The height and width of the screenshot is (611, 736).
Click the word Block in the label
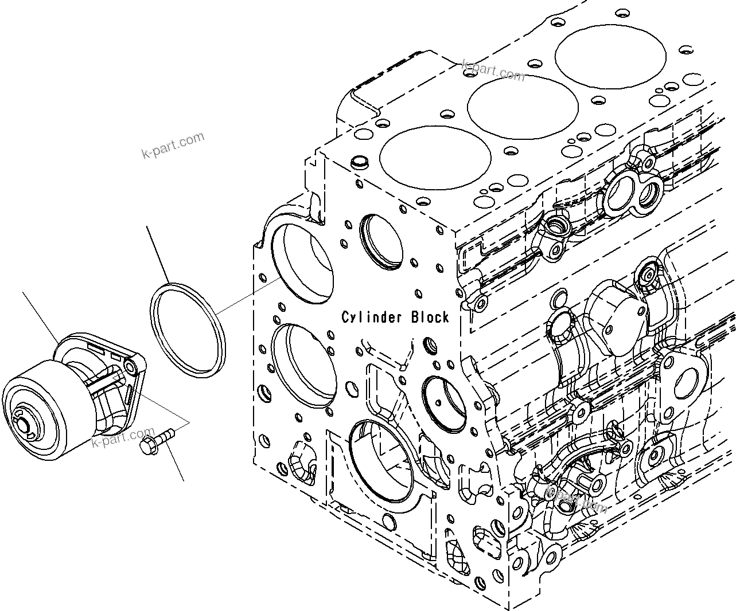click(430, 317)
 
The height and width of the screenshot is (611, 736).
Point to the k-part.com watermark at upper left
click(173, 145)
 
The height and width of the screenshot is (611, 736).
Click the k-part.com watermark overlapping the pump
click(123, 437)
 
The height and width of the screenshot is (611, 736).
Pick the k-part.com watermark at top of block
click(493, 70)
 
